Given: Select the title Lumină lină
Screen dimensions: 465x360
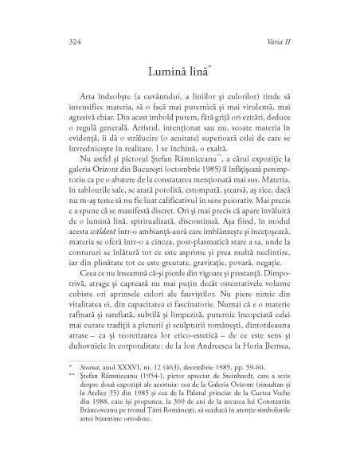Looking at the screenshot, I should [x=178, y=72].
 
